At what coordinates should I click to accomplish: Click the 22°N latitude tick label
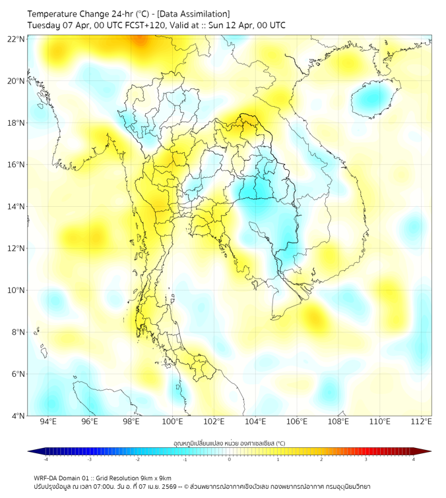[x=16, y=39]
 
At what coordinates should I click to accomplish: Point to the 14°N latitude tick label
[x=16, y=206]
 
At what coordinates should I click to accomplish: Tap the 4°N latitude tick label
[x=18, y=416]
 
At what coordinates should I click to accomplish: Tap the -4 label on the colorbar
[x=45, y=459]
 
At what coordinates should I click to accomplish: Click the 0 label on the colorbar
[x=230, y=459]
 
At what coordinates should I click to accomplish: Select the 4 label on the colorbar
[x=414, y=459]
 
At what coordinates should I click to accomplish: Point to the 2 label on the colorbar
[x=321, y=459]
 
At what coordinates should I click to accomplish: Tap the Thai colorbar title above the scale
[x=229, y=443]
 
